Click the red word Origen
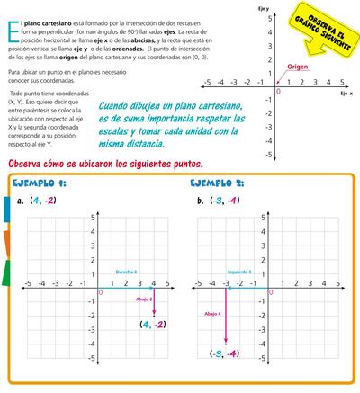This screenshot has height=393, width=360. coord(299,67)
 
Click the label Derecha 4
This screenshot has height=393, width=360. coord(125,271)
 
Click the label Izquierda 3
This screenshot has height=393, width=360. coord(238,271)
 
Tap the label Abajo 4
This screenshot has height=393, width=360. coord(212,314)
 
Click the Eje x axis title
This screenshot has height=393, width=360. coord(346,94)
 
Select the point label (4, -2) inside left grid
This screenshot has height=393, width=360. coord(152,324)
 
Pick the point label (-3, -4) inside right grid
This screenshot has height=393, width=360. coord(222,353)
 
